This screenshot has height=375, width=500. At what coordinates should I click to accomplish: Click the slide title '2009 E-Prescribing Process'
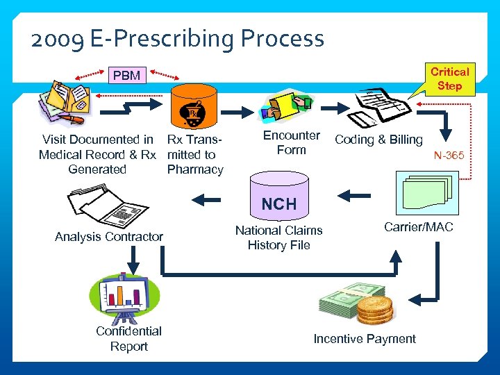pos(177,39)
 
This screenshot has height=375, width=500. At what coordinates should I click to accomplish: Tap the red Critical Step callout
pos(449,78)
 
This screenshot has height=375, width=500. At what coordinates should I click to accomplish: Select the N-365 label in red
pos(449,156)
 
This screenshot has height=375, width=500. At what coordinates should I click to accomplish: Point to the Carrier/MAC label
pos(418,226)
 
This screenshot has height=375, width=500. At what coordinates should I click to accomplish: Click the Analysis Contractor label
pos(109,237)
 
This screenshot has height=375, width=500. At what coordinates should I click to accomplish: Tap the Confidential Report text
pos(128,339)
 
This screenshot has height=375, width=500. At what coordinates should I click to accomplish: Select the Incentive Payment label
pos(365,339)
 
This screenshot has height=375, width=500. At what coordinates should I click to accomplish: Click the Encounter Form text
pos(292,142)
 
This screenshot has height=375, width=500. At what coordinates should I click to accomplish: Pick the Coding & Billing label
pos(378,140)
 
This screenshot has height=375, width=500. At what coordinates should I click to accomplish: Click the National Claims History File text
pos(278,237)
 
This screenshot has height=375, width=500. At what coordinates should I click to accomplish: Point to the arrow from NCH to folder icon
pos(206,200)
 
